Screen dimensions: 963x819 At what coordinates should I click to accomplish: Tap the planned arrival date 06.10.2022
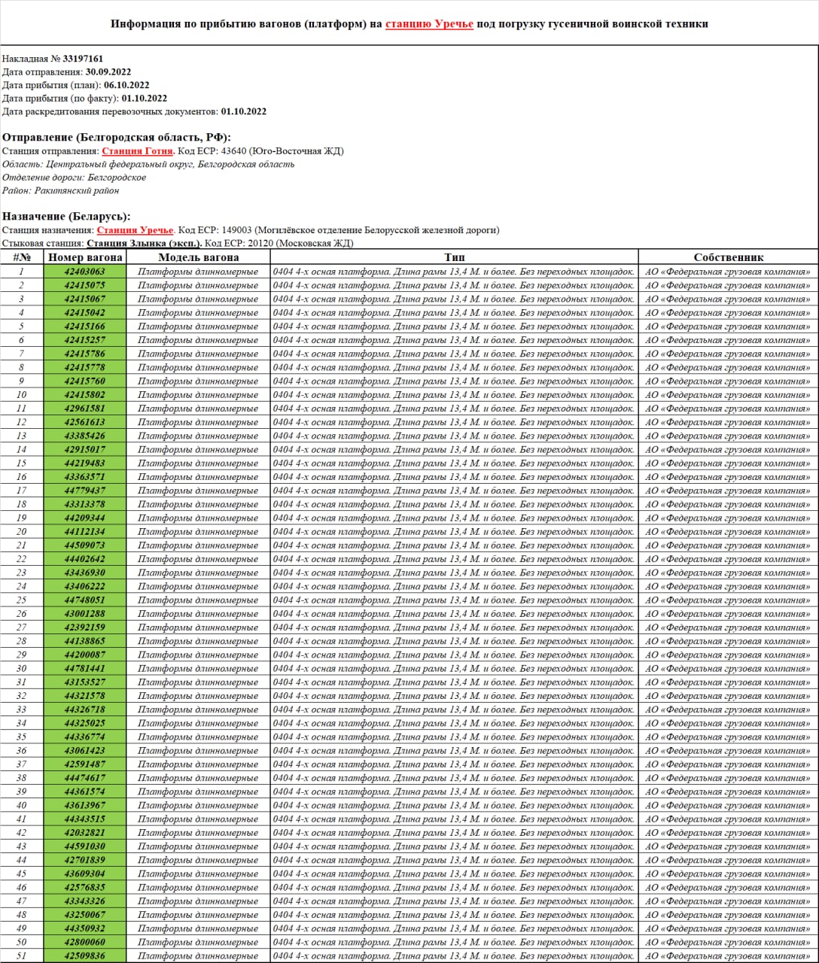click(x=126, y=85)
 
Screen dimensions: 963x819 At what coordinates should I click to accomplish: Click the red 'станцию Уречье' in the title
click(x=429, y=23)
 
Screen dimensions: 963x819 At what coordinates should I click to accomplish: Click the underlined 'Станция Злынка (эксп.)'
click(x=145, y=243)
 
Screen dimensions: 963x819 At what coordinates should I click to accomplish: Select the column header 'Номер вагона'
click(x=85, y=257)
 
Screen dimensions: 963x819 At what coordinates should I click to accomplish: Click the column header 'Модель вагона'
click(x=198, y=257)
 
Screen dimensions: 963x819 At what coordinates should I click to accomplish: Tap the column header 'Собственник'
click(x=728, y=257)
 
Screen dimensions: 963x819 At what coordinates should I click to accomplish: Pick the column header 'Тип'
click(x=454, y=257)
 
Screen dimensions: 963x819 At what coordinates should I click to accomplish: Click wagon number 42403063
click(x=85, y=272)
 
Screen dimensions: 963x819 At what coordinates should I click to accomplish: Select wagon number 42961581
click(x=85, y=409)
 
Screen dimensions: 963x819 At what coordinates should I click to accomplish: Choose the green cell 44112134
click(x=85, y=532)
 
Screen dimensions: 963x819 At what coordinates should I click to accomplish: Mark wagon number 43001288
click(x=85, y=614)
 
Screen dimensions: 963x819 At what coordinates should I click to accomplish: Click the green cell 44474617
click(x=85, y=778)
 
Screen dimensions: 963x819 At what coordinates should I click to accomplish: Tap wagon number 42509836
click(x=85, y=956)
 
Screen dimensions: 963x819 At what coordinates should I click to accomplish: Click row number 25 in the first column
click(x=21, y=600)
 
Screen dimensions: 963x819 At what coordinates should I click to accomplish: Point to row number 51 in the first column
click(x=21, y=956)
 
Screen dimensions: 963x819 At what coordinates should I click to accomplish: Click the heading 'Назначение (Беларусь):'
click(x=66, y=216)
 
